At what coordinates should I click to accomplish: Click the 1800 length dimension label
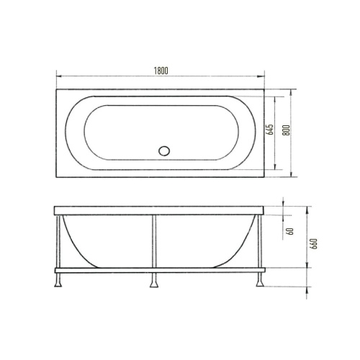[x=161, y=70]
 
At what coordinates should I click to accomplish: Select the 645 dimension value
[x=269, y=130]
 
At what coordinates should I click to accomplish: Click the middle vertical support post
[x=153, y=241]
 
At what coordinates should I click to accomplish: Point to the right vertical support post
[x=258, y=241]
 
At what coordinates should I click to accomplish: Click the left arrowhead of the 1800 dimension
[x=58, y=76]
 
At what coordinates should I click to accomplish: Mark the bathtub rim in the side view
[x=158, y=210]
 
